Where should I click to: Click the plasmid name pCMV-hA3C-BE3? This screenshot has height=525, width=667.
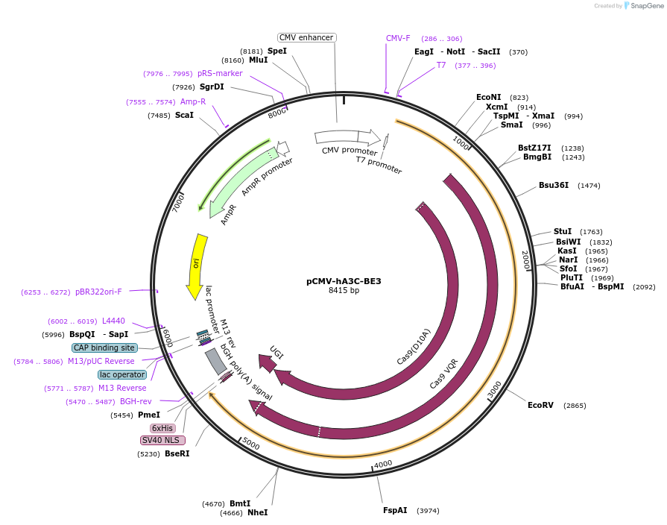344,281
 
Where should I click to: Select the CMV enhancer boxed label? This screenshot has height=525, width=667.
306,37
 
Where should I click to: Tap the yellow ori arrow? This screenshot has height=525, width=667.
196,265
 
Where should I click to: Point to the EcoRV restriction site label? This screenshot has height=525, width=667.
540,405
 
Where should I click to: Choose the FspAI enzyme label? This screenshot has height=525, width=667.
395,510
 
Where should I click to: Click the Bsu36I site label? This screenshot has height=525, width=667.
554,185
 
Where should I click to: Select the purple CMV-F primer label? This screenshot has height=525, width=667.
398,38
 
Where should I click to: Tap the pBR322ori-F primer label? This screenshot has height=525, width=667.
98,292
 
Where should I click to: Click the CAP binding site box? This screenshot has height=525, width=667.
104,348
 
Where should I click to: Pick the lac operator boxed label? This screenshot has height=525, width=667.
122,374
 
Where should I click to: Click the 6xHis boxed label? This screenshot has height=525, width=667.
162,428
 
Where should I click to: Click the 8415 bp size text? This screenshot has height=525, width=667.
344,291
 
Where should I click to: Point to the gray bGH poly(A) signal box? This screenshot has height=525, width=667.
215,361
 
